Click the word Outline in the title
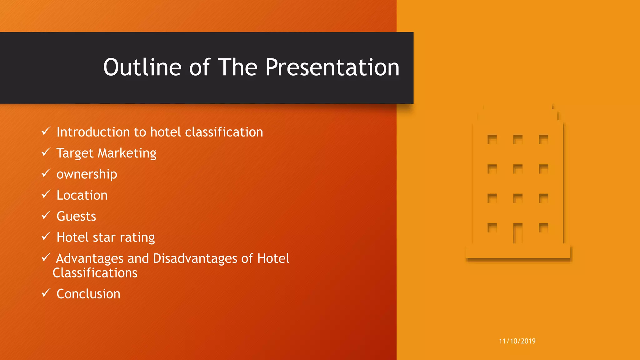pos(142,67)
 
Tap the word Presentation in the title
pos(332,67)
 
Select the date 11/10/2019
pos(517,341)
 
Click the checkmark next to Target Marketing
pos(46,152)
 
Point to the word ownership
pos(87,174)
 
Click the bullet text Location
pos(82,195)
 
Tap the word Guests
pos(76,216)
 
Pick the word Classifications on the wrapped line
pos(95,273)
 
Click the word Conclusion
pos(88,294)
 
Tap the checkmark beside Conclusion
pos(46,293)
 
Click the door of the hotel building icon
pos(517,233)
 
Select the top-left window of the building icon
pos(492,139)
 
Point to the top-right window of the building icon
pos(543,139)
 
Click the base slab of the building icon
pos(518,252)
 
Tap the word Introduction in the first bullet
pos(93,132)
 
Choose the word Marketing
pos(127,153)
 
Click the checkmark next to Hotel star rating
pos(46,236)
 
